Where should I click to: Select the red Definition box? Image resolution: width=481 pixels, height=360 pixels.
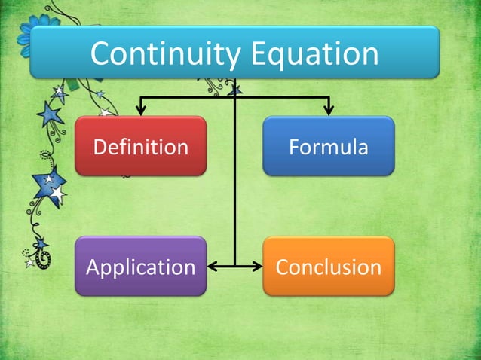140,146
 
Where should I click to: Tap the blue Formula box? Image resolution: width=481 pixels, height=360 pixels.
329,146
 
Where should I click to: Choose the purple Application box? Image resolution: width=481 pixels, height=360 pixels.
140,267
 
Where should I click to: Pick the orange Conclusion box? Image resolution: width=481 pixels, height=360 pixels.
329,267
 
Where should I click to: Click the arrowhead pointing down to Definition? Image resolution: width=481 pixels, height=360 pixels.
141,110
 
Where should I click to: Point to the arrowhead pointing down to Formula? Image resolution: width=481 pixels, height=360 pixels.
329,110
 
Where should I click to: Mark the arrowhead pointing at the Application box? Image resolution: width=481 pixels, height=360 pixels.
212,266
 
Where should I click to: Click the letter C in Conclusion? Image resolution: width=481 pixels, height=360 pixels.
283,267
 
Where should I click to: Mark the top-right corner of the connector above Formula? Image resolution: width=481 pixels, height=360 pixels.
329,97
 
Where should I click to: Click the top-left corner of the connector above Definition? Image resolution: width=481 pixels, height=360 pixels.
141,97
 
